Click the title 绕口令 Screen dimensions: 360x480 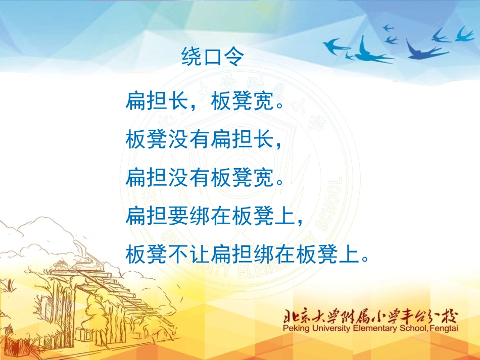point(212,58)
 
